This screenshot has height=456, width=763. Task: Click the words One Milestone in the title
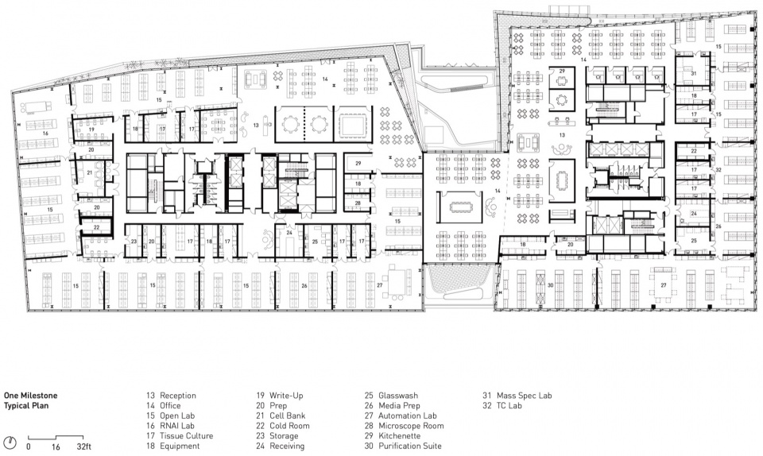click(x=31, y=396)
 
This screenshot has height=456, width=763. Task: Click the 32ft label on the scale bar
click(x=83, y=446)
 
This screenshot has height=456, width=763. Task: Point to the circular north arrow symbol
click(x=10, y=442)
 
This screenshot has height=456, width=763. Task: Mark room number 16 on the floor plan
click(x=45, y=133)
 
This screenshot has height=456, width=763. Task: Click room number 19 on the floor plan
click(x=91, y=129)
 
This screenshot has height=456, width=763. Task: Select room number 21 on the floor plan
click(x=90, y=172)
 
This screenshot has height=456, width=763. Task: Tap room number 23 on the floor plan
click(x=134, y=242)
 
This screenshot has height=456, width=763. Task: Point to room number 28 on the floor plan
click(x=358, y=203)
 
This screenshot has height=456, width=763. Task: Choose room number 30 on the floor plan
click(x=550, y=285)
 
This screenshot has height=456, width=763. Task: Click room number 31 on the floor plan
click(x=693, y=73)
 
